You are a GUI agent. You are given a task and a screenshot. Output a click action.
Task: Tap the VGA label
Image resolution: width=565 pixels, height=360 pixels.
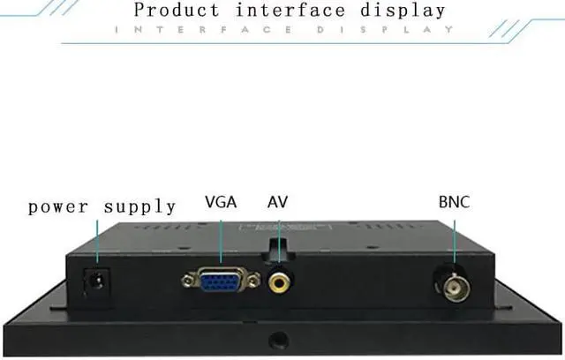[x=221, y=202]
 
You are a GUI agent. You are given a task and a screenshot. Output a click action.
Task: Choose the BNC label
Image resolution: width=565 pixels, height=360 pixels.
[x=454, y=202]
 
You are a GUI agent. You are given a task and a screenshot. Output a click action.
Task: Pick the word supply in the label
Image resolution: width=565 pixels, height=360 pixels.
[x=140, y=208]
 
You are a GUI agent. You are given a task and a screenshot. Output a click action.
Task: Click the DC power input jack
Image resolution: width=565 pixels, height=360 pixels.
[x=89, y=283]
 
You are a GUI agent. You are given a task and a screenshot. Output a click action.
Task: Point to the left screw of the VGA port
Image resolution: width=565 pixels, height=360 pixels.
[x=188, y=282]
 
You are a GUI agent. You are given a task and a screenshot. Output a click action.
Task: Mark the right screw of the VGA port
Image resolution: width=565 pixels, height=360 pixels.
[x=254, y=281]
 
